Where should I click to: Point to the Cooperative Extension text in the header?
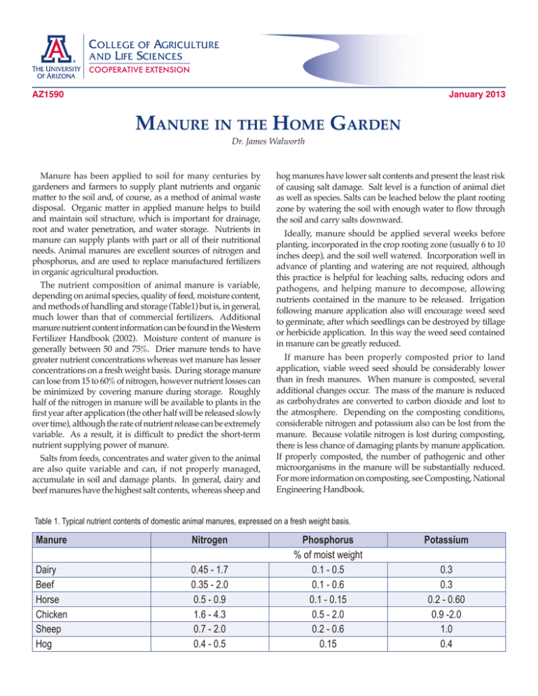pos(137,69)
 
